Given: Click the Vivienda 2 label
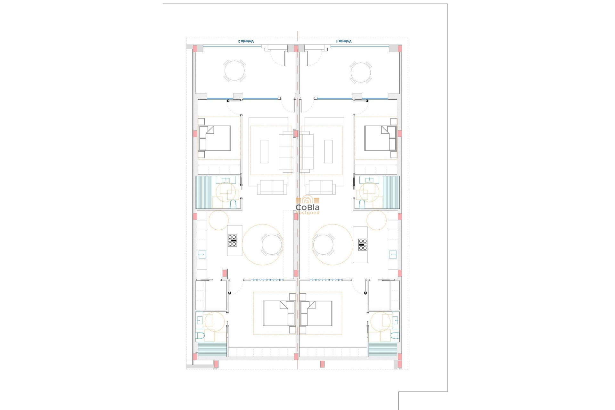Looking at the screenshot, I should [246, 41].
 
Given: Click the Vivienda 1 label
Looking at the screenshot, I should [344, 41].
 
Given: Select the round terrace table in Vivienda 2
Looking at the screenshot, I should [234, 71].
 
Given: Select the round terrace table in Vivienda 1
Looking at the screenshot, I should [360, 73].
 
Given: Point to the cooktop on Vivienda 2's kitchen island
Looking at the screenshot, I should [232, 241].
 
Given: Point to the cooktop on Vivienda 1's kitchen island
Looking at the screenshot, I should [363, 244].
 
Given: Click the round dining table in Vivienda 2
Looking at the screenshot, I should [272, 245].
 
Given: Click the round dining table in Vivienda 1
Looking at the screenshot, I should [323, 245].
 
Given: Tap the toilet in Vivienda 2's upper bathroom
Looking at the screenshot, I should [233, 204].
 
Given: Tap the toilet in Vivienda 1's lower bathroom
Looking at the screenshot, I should [395, 336].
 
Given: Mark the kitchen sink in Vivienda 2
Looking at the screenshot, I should [202, 255].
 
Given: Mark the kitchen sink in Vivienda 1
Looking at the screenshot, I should [393, 255].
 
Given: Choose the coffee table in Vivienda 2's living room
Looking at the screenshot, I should [264, 152].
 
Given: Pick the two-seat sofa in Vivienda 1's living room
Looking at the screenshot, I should [321, 187].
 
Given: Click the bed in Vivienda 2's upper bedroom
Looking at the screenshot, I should [215, 138].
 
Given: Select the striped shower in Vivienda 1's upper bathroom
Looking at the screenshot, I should [391, 192].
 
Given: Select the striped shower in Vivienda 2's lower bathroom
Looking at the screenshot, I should [212, 349].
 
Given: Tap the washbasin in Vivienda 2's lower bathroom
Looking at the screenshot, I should [199, 320].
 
